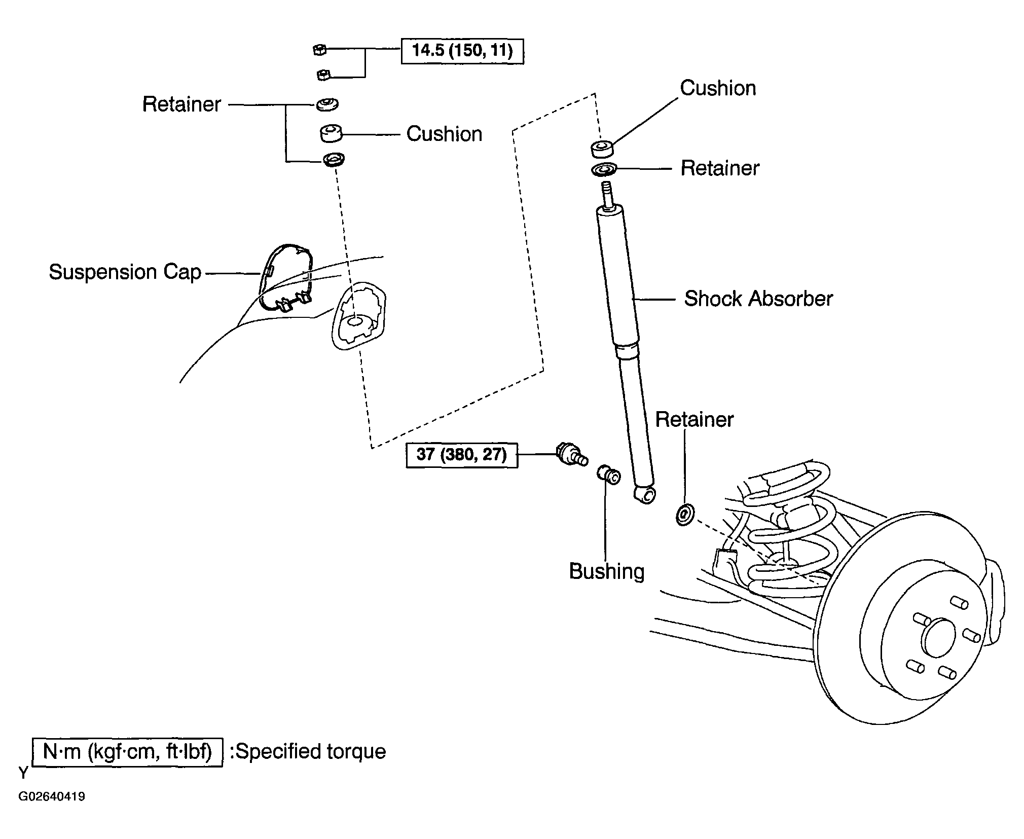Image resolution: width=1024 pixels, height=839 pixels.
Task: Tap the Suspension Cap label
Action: pyautogui.click(x=125, y=272)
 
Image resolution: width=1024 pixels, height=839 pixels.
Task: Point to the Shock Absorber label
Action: pyautogui.click(x=758, y=299)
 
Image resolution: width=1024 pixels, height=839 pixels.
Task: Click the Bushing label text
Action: pyautogui.click(x=607, y=571)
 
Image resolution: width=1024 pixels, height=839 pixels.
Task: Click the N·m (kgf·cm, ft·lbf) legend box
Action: pyautogui.click(x=127, y=752)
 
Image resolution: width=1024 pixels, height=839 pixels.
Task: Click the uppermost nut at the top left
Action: pyautogui.click(x=319, y=49)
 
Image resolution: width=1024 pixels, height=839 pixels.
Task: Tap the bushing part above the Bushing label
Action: pyautogui.click(x=608, y=475)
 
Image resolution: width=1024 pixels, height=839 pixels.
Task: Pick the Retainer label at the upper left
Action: pyautogui.click(x=181, y=104)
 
